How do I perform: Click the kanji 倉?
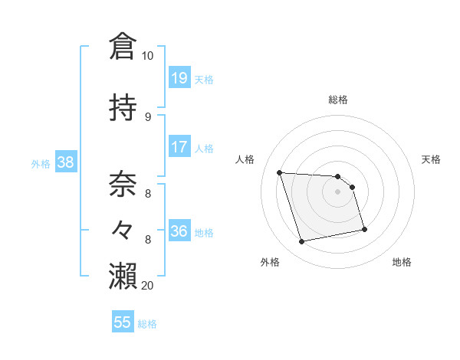[123, 47]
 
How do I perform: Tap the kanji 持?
[123, 108]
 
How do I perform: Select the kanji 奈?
[123, 185]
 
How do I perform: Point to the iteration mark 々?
[123, 229]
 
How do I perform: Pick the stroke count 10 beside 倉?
[147, 56]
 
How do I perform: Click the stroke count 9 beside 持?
[147, 116]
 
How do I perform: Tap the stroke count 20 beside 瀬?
[148, 285]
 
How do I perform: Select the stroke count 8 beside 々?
[147, 239]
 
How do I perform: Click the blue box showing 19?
[179, 78]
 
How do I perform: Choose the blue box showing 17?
[179, 147]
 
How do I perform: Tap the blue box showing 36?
[179, 231]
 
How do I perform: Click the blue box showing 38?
[65, 162]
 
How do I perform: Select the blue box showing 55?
[123, 322]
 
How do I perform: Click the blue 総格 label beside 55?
[147, 324]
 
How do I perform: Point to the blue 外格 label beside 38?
[41, 163]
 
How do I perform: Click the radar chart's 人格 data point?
[280, 172]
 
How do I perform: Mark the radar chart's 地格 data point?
[364, 229]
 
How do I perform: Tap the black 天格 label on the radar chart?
[431, 159]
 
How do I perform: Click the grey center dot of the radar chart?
[337, 191]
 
